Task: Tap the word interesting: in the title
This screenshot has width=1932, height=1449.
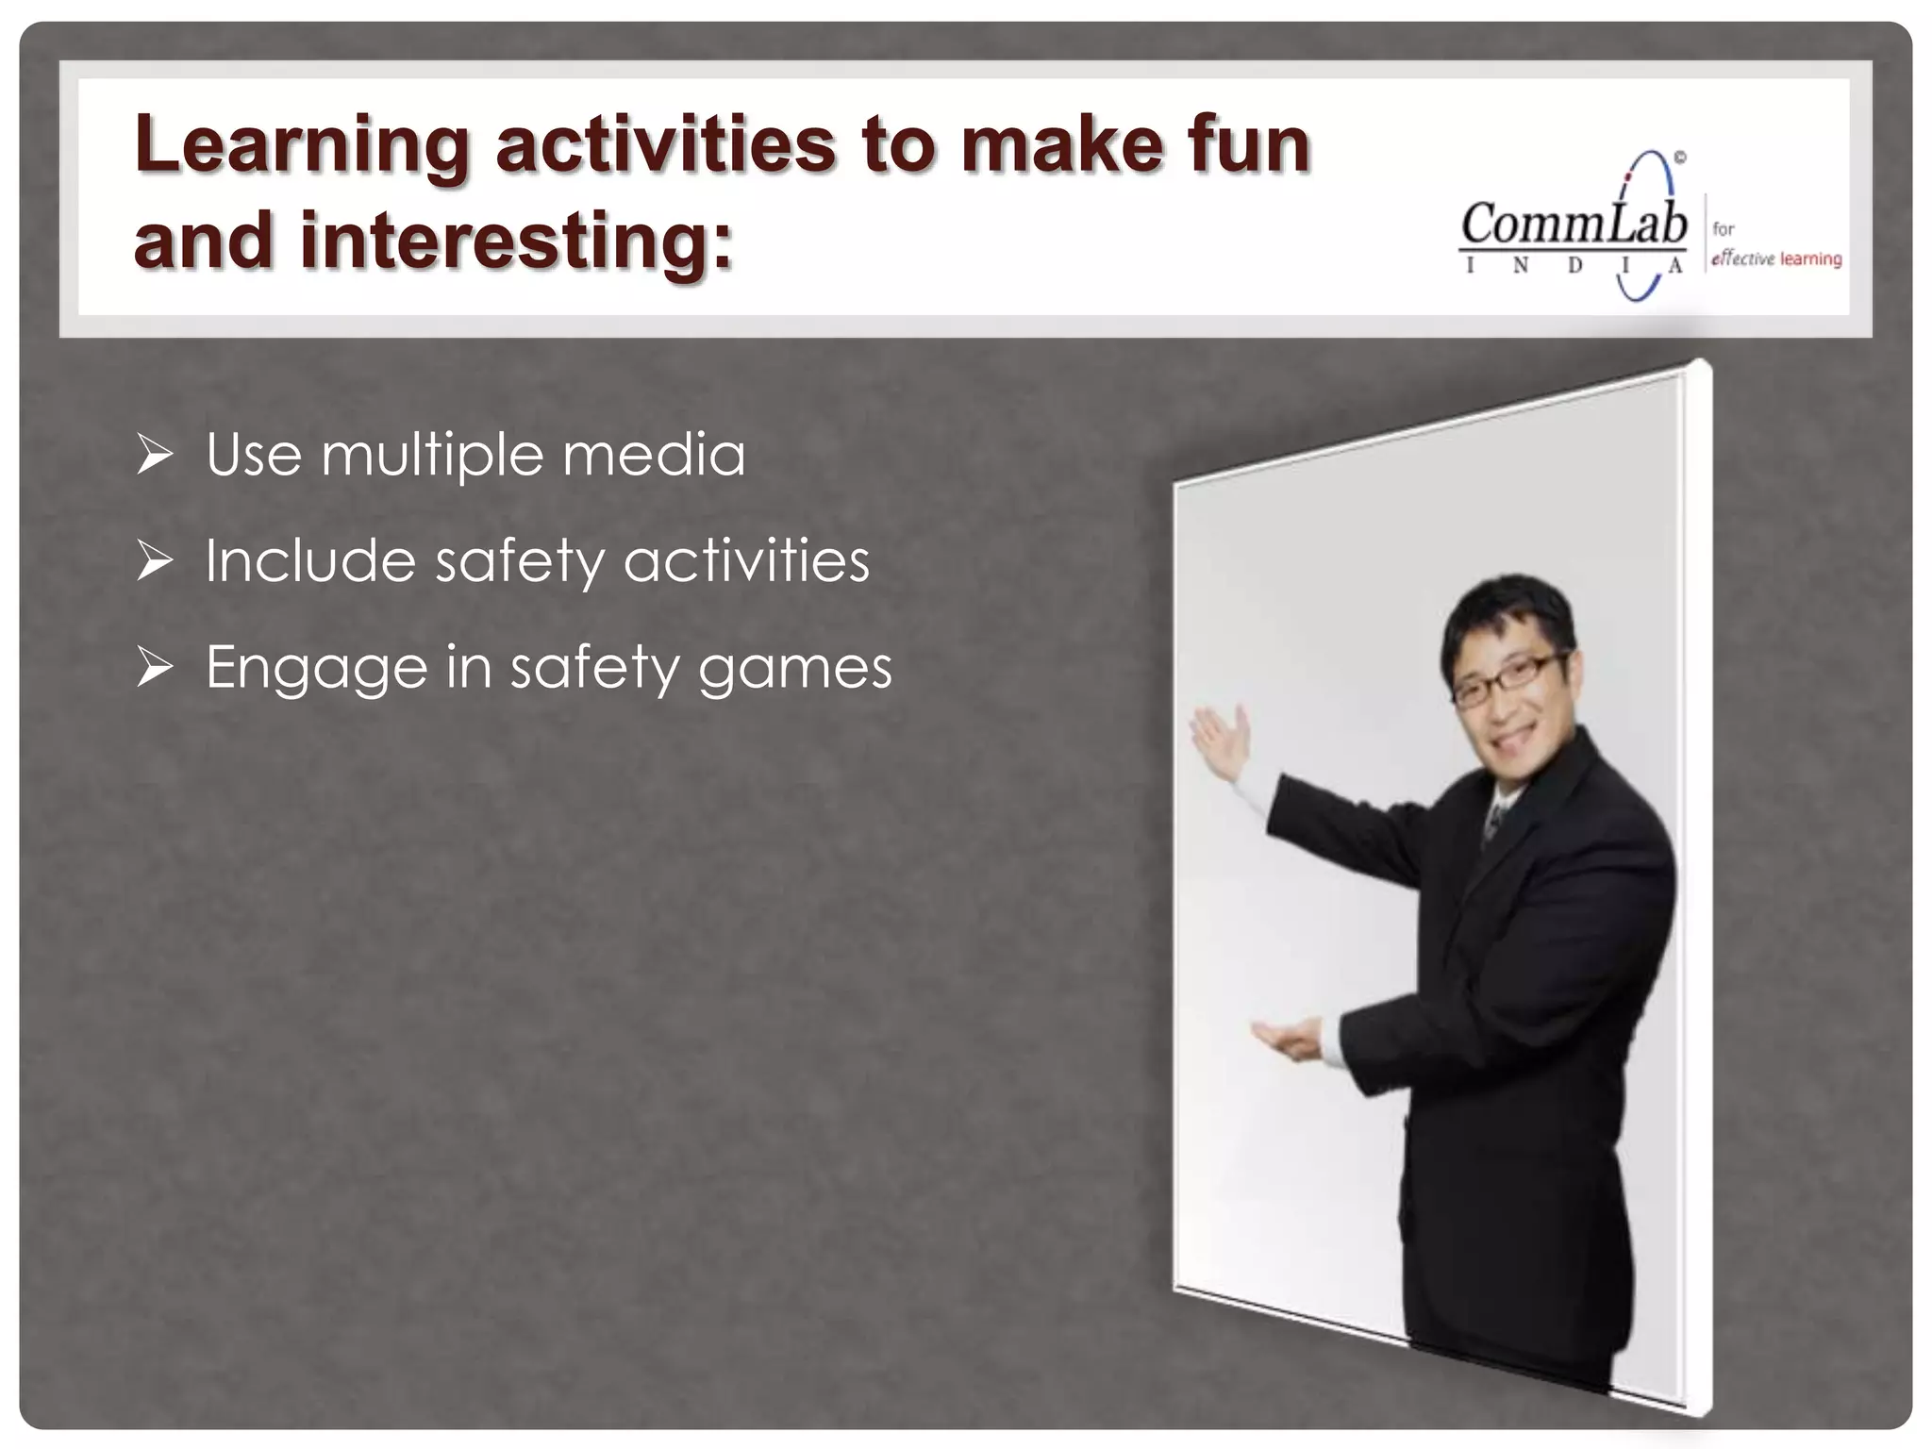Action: (515, 241)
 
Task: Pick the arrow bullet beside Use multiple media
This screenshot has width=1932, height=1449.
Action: (155, 455)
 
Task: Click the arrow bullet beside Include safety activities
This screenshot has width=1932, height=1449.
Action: (155, 561)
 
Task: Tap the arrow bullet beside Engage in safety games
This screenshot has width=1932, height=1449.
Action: (155, 668)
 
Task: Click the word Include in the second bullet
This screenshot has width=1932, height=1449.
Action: (309, 561)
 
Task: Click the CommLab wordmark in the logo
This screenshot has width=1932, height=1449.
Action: (1574, 225)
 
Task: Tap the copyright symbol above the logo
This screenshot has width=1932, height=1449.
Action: (1680, 158)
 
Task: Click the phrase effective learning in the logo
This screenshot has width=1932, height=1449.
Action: (1776, 258)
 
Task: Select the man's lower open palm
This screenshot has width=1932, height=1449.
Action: (1289, 1039)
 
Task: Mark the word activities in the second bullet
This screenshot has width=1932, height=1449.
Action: (746, 561)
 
